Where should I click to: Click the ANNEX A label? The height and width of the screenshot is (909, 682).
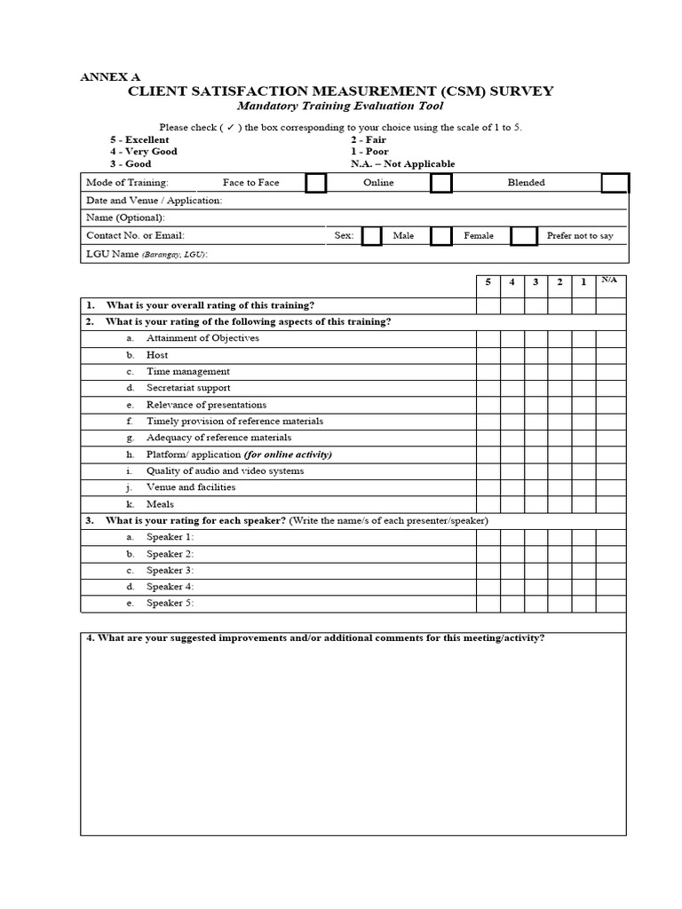110,77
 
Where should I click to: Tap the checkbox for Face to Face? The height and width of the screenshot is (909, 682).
315,183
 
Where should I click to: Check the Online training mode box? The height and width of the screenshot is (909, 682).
441,183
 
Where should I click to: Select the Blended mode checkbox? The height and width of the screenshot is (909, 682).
615,183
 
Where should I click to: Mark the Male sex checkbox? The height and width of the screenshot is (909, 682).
372,235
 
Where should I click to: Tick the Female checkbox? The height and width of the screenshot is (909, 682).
441,235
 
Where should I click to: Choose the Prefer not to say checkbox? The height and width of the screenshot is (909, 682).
525,235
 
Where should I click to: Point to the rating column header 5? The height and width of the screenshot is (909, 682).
488,282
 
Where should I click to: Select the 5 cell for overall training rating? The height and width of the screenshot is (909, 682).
488,305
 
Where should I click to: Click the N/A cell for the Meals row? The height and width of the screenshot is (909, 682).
610,504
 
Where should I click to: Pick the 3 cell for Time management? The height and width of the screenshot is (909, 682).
535,372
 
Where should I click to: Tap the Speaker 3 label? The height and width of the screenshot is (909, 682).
170,570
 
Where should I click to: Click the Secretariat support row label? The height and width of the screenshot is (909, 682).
188,388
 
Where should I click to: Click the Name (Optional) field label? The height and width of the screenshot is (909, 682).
125,217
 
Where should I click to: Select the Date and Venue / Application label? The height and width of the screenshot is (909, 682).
154,201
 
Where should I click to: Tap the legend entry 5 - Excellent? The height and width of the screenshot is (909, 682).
139,139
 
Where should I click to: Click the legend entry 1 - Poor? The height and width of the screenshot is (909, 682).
369,152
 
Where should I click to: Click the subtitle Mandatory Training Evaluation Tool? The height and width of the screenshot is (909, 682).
340,107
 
